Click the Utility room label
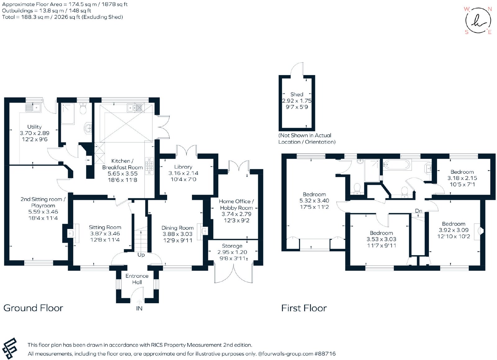(34, 127)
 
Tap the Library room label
(183, 167)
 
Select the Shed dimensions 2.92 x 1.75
(297, 101)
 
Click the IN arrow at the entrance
(139, 302)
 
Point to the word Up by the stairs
(141, 255)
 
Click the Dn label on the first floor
(418, 211)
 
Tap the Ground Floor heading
(33, 308)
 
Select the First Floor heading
(304, 308)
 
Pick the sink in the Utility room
(33, 107)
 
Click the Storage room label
(232, 246)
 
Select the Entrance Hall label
(137, 279)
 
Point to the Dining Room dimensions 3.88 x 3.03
(177, 234)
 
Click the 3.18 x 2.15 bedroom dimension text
(462, 178)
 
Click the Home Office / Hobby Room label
(236, 205)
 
